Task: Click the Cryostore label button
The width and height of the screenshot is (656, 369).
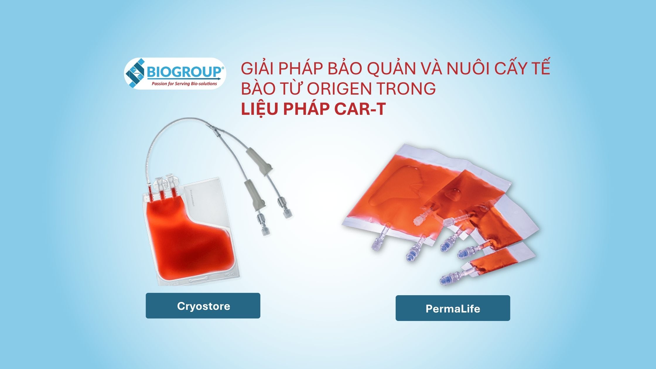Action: pos(203,305)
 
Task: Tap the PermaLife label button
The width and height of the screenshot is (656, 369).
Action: pos(453,308)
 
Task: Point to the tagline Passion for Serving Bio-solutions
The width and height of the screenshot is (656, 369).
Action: pos(184,84)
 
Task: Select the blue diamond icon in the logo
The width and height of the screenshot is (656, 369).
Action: pos(135,74)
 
